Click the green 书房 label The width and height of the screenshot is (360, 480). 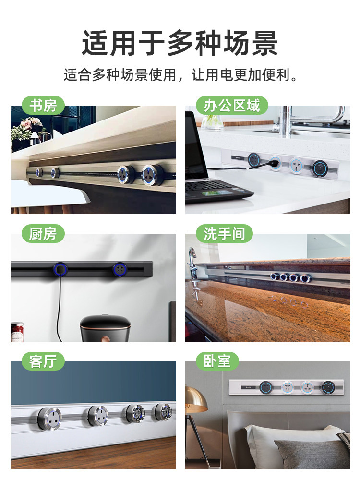(x=43, y=106)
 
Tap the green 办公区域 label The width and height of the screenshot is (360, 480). (x=232, y=106)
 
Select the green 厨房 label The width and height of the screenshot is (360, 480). (x=43, y=234)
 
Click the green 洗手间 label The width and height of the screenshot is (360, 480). (x=224, y=234)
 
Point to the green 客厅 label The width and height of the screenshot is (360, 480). (x=43, y=361)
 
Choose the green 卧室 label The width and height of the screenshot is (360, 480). (x=217, y=361)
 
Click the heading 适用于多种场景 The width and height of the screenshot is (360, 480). (x=180, y=43)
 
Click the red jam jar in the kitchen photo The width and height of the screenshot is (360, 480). (x=17, y=332)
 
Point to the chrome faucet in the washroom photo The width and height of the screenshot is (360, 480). (x=192, y=263)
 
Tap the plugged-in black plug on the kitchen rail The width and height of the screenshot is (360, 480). (x=60, y=270)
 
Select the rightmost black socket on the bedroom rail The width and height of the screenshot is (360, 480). (x=327, y=387)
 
